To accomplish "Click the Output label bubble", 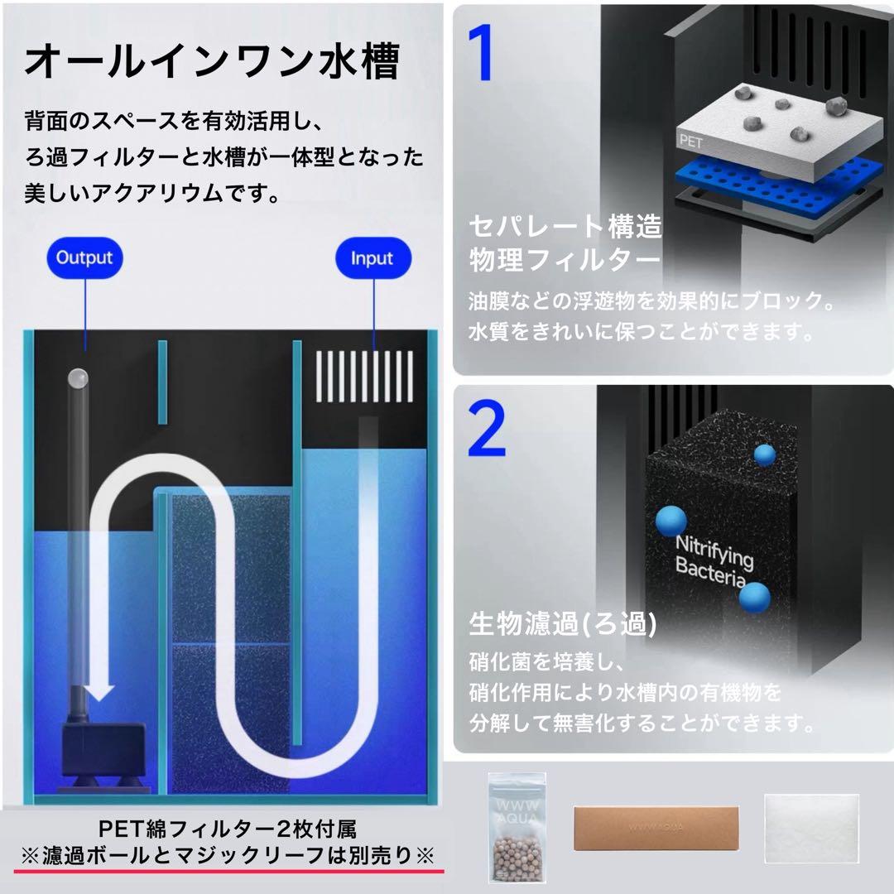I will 84,257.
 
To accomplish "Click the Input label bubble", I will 372,258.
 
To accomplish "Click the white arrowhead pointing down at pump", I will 102,689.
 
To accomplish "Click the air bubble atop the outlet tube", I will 77,377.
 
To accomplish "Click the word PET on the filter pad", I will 690,142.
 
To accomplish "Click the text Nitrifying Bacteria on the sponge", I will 714,559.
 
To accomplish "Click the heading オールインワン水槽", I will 212,62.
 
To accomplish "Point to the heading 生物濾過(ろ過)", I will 563,624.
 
